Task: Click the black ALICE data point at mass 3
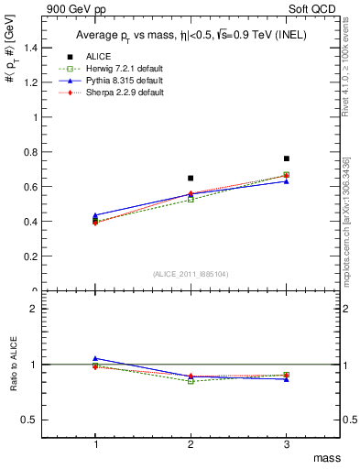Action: (287, 158)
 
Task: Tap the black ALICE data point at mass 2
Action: (191, 178)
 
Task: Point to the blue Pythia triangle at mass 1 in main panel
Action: (95, 215)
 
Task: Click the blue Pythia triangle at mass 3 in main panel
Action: (287, 181)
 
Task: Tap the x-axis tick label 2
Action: (191, 444)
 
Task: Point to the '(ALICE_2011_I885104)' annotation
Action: (191, 275)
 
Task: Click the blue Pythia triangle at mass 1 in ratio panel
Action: (95, 358)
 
